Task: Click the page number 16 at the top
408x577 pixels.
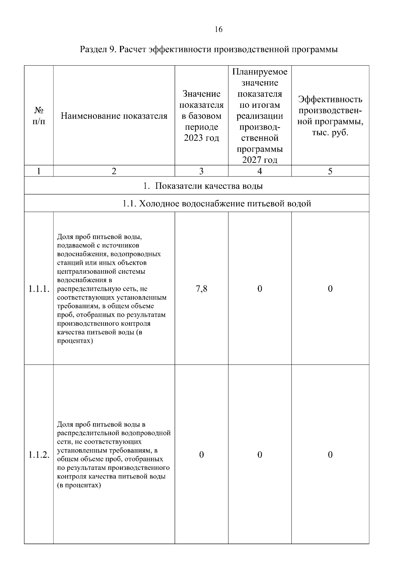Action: [218, 30]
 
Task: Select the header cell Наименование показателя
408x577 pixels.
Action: [114, 116]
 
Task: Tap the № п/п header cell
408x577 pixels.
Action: [39, 116]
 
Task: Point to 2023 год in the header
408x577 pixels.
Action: [201, 138]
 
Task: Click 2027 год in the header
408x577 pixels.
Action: [259, 160]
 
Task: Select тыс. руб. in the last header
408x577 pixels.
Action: [330, 133]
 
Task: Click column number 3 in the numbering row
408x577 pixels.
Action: [201, 171]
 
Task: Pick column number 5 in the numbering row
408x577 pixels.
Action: [330, 171]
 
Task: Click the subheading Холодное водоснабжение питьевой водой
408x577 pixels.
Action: [216, 204]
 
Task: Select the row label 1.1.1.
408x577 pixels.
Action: [39, 289]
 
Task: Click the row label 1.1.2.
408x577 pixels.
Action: [39, 455]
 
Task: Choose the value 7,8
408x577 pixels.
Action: [201, 289]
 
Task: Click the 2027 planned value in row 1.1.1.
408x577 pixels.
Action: [259, 289]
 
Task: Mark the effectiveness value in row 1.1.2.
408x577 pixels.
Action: [330, 455]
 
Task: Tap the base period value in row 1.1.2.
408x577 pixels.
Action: [201, 455]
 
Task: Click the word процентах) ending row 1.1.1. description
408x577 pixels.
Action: [75, 341]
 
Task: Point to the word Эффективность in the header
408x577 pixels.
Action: [330, 100]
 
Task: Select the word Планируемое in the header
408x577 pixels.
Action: [259, 72]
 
